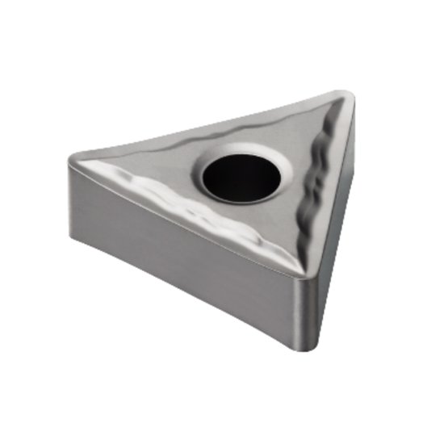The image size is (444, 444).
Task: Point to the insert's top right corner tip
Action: coord(347,97)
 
